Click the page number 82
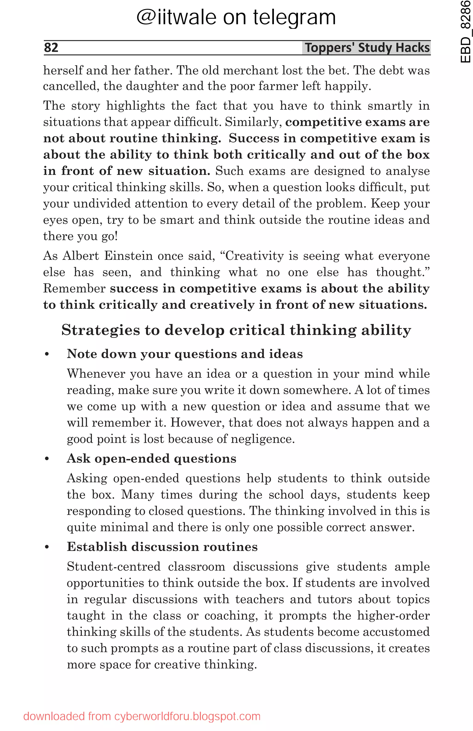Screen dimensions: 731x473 pyautogui.click(x=51, y=48)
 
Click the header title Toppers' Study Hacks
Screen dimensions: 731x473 pyautogui.click(x=367, y=48)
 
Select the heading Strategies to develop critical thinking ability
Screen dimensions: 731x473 pyautogui.click(x=236, y=330)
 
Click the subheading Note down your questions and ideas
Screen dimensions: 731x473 pyautogui.click(x=185, y=354)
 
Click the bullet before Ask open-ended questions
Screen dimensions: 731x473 pyautogui.click(x=47, y=459)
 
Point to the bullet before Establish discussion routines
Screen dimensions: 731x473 pyautogui.click(x=47, y=547)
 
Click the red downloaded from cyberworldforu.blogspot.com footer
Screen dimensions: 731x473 pyautogui.click(x=142, y=716)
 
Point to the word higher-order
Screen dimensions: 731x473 pyautogui.click(x=393, y=615)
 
